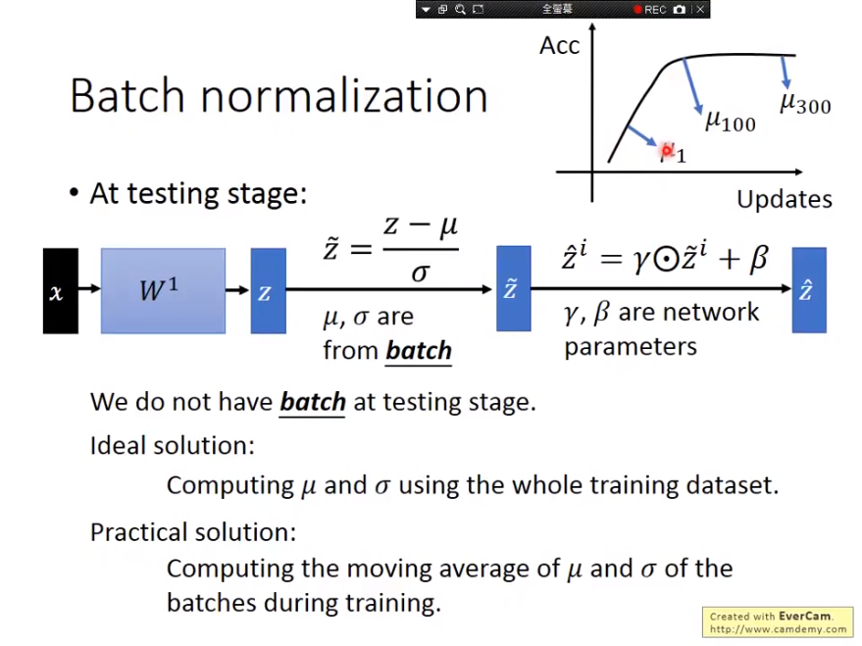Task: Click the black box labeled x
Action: pos(61,290)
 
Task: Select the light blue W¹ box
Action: pos(163,290)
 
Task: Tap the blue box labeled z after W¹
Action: pos(269,290)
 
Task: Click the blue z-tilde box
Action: pos(514,288)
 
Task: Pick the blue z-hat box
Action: pos(809,290)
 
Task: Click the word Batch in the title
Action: pos(127,96)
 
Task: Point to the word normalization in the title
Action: pos(344,96)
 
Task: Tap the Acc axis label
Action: pos(560,46)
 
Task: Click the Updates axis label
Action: pos(784,199)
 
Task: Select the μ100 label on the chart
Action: pos(731,121)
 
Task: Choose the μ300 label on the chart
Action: pos(805,103)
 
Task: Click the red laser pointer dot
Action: pos(666,150)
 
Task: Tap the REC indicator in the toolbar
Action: pos(650,10)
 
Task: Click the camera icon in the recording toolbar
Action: pos(680,10)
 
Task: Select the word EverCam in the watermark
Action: pos(804,617)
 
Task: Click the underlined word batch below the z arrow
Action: pos(419,351)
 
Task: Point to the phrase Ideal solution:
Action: pos(173,445)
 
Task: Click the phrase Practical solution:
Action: pos(193,532)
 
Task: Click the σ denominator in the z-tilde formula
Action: pos(420,273)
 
